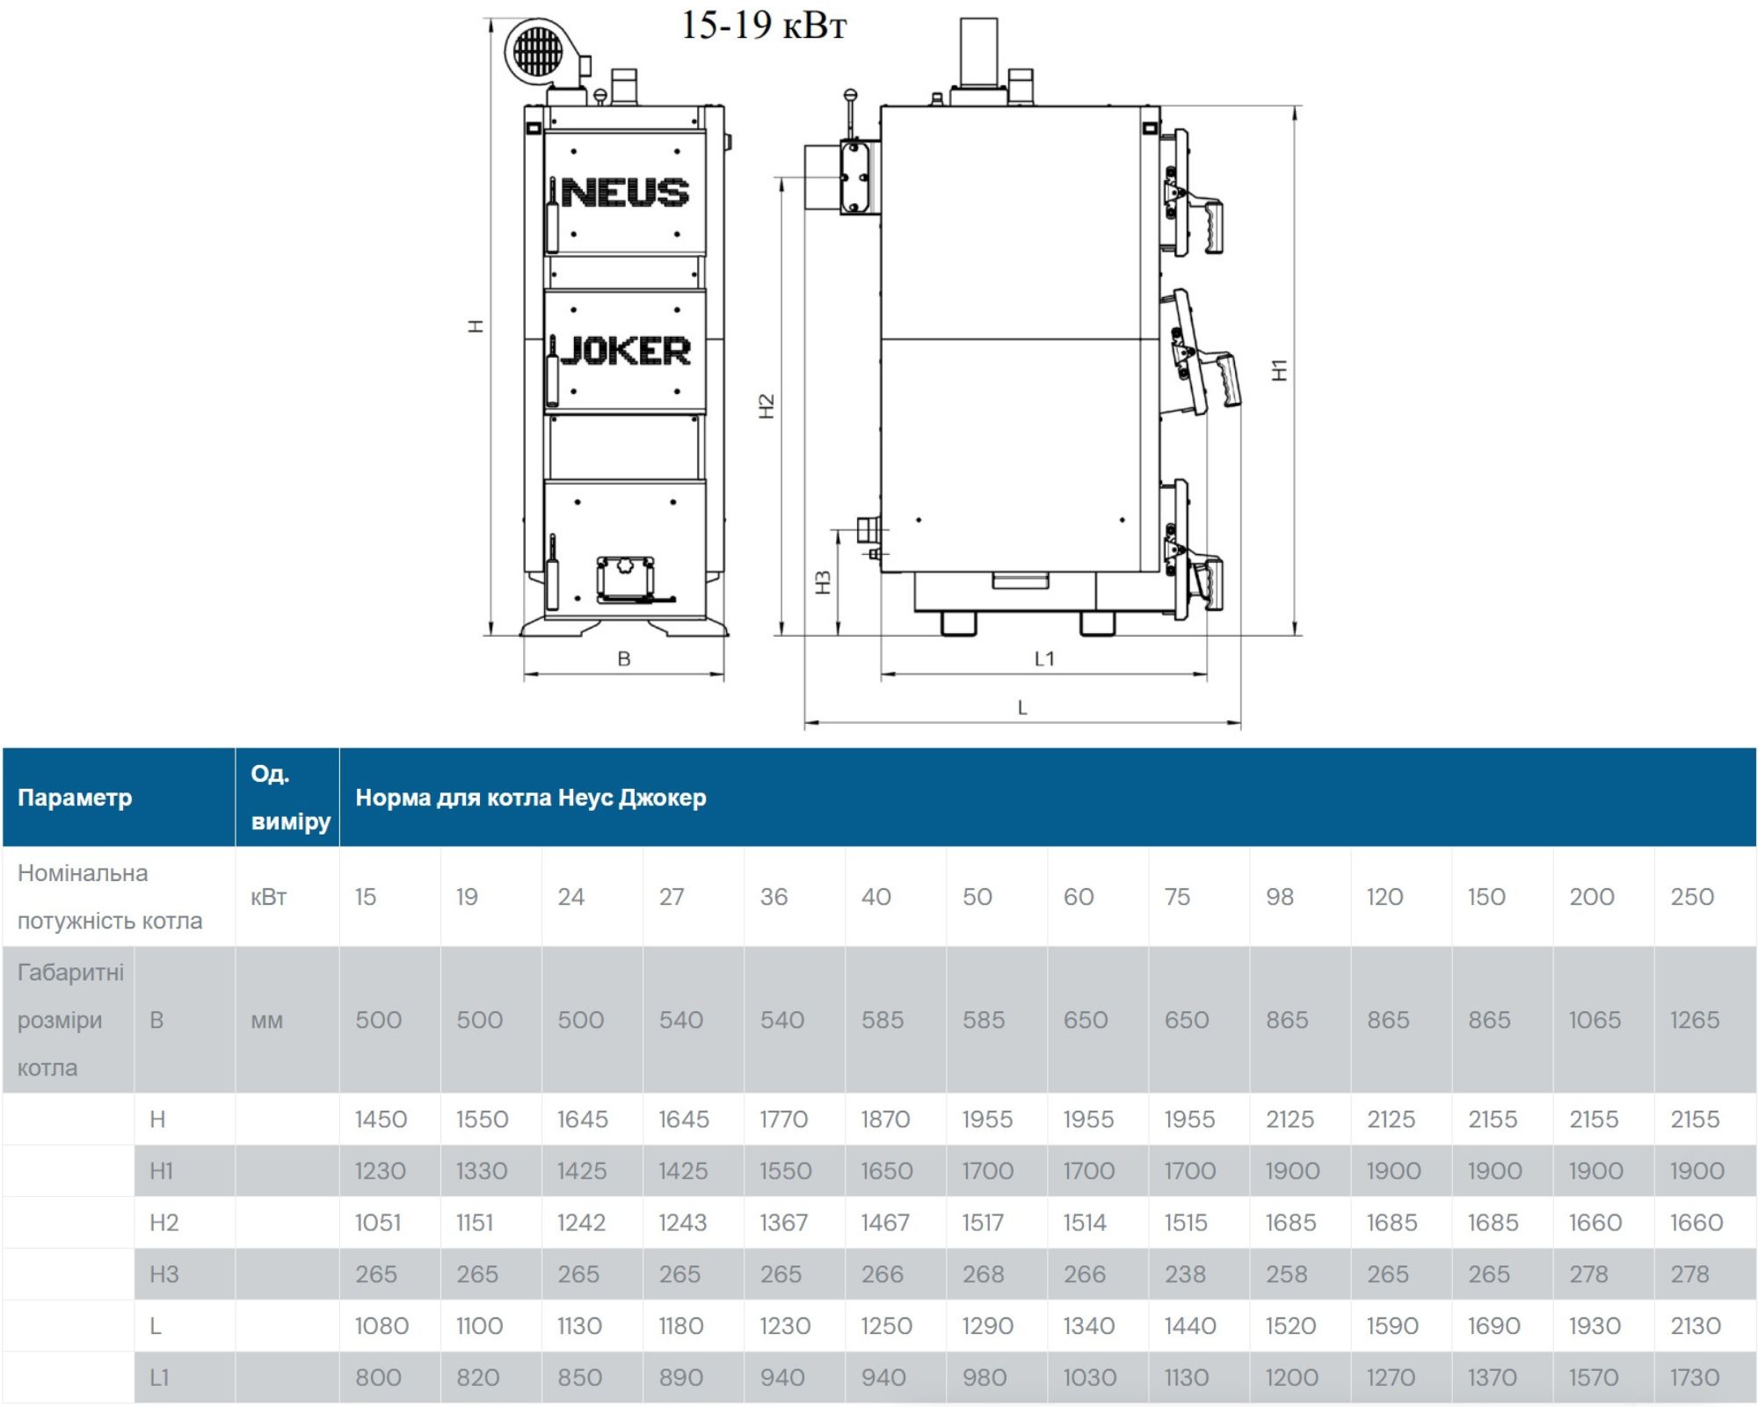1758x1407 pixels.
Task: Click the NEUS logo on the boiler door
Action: click(x=625, y=193)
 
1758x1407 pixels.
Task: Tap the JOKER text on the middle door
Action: click(x=626, y=351)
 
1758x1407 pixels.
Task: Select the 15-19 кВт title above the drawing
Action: click(x=763, y=25)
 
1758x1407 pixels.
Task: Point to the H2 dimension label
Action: click(x=766, y=405)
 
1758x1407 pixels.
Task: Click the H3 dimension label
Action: click(x=824, y=582)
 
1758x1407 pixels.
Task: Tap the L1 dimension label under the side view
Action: click(x=1044, y=659)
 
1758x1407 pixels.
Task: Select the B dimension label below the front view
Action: click(x=624, y=659)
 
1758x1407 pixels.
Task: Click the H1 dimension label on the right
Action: click(x=1280, y=370)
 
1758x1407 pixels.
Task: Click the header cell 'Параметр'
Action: click(x=75, y=798)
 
